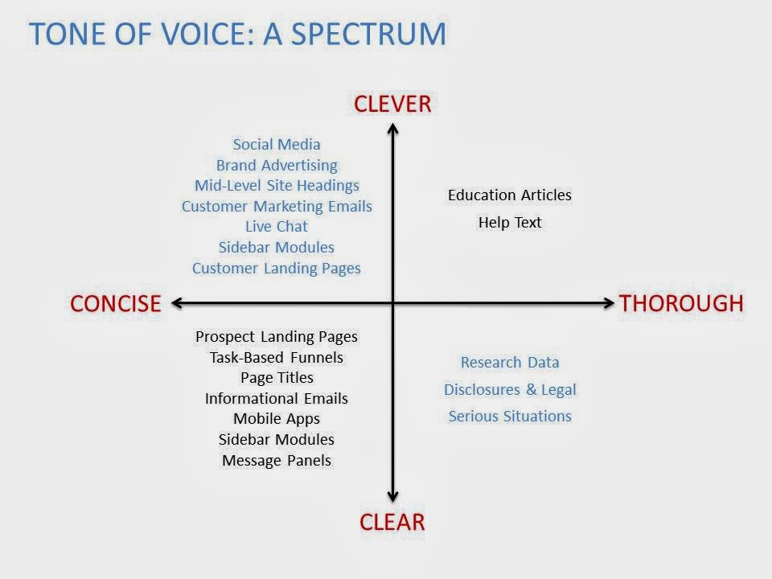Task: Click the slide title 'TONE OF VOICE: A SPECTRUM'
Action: pos(237,33)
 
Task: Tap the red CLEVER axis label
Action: pos(393,104)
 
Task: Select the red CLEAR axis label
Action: pos(392,522)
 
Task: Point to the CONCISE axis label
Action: pos(116,303)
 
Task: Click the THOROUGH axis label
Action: pos(680,303)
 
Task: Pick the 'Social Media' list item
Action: pos(277,145)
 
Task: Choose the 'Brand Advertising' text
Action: pos(277,166)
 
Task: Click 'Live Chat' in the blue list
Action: pos(277,227)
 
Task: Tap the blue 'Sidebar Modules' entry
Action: pos(277,248)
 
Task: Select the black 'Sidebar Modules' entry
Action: pos(277,440)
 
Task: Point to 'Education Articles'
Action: pos(510,195)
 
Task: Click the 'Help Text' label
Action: pos(510,223)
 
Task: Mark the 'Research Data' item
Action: pos(510,363)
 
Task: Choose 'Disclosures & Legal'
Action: pos(510,390)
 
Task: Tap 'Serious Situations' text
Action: pos(510,417)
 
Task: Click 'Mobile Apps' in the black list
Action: pos(277,419)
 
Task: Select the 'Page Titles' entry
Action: pos(277,377)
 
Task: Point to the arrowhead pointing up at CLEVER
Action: pos(392,127)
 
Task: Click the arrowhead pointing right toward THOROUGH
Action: pos(608,303)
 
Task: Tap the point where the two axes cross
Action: pos(392,303)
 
